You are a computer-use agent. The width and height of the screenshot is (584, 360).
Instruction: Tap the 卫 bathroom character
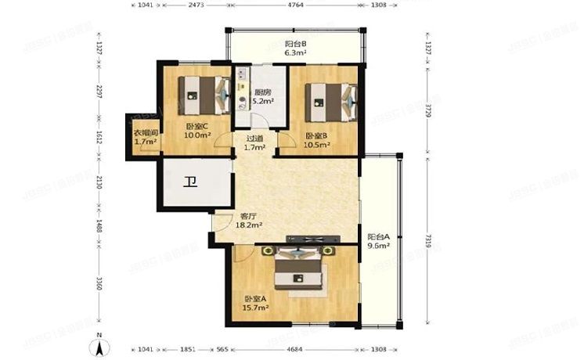[x=190, y=184]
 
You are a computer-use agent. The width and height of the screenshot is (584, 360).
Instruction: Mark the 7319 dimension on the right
[x=427, y=238]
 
